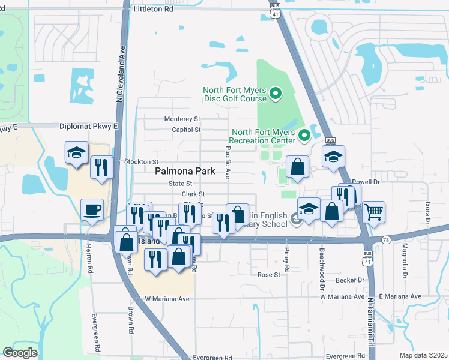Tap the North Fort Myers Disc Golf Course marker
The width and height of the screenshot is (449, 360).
(276, 93)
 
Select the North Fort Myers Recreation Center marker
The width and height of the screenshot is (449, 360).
(304, 135)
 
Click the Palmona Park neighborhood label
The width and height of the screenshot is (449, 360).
(185, 171)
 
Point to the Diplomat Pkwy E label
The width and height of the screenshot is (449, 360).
(89, 127)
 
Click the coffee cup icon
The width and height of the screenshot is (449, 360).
(92, 210)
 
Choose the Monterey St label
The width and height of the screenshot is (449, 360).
(182, 119)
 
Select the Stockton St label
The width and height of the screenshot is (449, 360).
(141, 162)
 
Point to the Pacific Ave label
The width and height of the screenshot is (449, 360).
(228, 163)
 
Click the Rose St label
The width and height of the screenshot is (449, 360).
(269, 275)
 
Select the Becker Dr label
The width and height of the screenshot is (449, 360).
(352, 280)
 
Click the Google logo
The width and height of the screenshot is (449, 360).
(19, 353)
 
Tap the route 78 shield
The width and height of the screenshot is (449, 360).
(384, 239)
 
